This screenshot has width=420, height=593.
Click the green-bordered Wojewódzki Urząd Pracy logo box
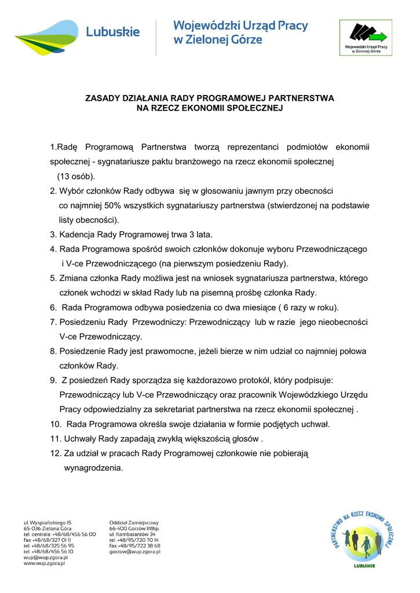click(x=366, y=38)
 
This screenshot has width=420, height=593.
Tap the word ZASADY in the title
click(x=102, y=98)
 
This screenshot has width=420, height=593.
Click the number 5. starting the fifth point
click(x=53, y=279)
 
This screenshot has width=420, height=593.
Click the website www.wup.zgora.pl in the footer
click(x=44, y=563)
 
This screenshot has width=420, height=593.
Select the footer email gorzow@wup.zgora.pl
click(x=134, y=551)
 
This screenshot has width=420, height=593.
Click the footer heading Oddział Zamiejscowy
click(x=133, y=522)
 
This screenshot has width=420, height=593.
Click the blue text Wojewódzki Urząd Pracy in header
click(x=240, y=27)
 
